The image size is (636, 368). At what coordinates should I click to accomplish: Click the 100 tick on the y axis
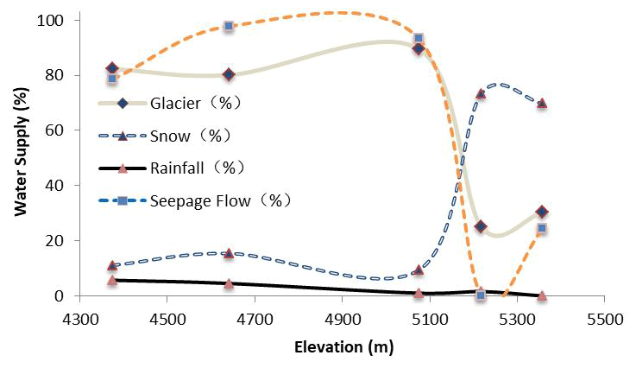[54, 20]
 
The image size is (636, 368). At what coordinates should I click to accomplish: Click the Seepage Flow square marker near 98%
[229, 26]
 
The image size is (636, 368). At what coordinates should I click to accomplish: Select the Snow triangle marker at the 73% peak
[481, 93]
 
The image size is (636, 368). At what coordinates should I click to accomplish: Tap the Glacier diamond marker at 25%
[481, 227]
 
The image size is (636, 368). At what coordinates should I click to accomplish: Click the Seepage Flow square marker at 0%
[481, 295]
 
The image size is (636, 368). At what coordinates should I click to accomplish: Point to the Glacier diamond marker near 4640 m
[229, 75]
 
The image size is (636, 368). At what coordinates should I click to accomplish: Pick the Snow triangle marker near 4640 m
[229, 253]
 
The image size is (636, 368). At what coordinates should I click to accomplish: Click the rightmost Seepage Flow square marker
[542, 229]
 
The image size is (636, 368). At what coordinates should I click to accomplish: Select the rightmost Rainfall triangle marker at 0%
[542, 295]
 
